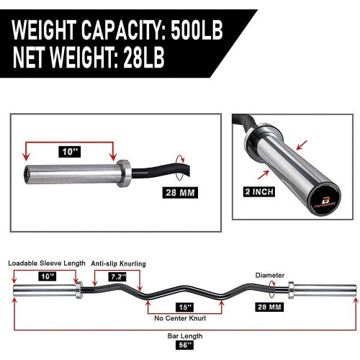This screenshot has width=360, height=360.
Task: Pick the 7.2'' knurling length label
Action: [118, 276]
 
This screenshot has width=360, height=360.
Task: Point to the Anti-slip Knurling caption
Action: [118, 264]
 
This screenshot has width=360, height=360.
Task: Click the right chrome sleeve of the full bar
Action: [322, 291]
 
